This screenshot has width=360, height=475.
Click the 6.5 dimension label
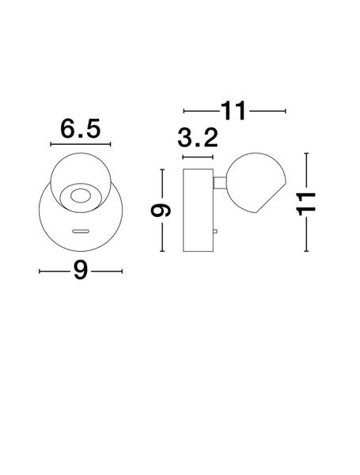(81, 128)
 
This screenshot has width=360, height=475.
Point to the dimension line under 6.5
(81, 145)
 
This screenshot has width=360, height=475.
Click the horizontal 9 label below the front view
(80, 271)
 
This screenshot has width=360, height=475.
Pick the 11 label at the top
(234, 111)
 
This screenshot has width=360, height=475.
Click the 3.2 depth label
(198, 139)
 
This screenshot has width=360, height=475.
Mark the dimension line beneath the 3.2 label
(198, 157)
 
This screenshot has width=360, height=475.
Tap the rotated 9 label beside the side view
(161, 211)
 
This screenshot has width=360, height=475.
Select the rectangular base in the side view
(197, 211)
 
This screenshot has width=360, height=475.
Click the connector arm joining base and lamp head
(219, 184)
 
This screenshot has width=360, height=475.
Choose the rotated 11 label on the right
(306, 202)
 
